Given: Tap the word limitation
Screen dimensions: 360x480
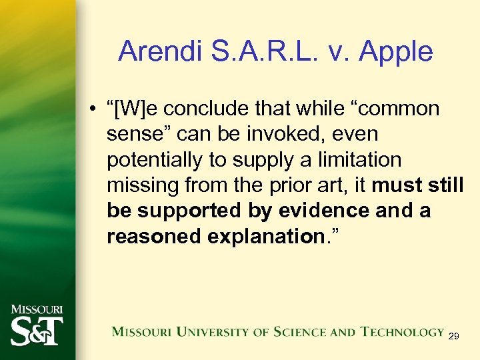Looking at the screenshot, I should [x=362, y=160].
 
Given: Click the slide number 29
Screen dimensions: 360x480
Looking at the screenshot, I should [x=453, y=337].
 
